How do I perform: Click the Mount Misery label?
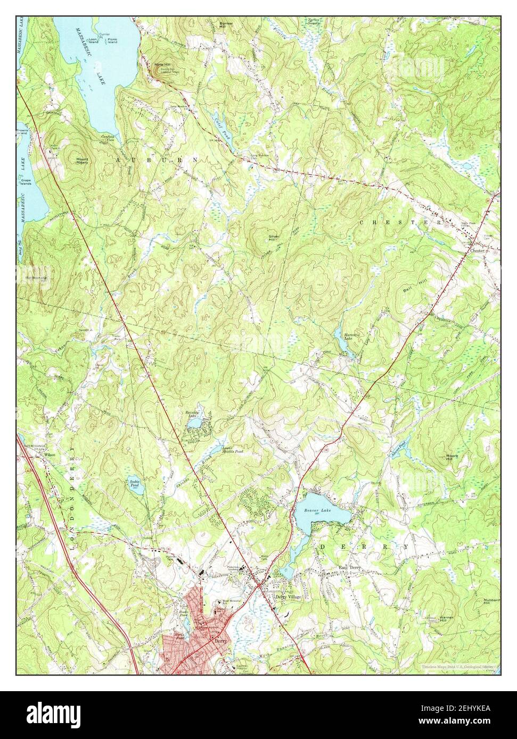click(x=81, y=161)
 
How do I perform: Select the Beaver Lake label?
click(x=315, y=511)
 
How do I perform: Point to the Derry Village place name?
click(x=288, y=597)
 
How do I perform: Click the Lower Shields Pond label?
click(x=232, y=449)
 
